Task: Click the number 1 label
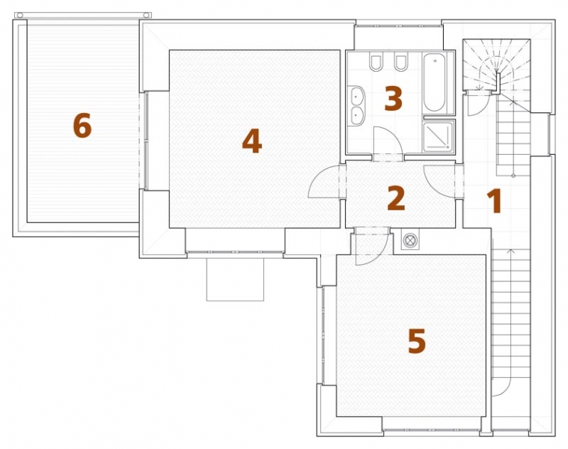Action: [x=495, y=201]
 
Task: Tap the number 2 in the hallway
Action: [x=396, y=198]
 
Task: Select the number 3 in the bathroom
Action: [x=393, y=98]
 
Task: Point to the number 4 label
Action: [x=251, y=141]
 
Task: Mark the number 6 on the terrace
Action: [x=82, y=125]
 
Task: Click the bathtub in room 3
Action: [x=434, y=82]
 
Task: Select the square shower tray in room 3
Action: [x=439, y=136]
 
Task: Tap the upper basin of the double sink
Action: [x=356, y=96]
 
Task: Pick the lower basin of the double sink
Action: [x=356, y=115]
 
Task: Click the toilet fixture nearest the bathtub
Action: [x=401, y=62]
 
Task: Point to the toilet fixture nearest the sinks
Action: [x=375, y=62]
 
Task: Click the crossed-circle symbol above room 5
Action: [x=410, y=240]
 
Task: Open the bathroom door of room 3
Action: [x=388, y=141]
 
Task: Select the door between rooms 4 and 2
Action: [x=325, y=181]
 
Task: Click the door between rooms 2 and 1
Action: [x=439, y=181]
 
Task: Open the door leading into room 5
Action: [x=372, y=246]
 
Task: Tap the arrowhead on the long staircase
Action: [x=511, y=251]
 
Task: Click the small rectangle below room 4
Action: [x=235, y=279]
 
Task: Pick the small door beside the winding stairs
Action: [x=478, y=104]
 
